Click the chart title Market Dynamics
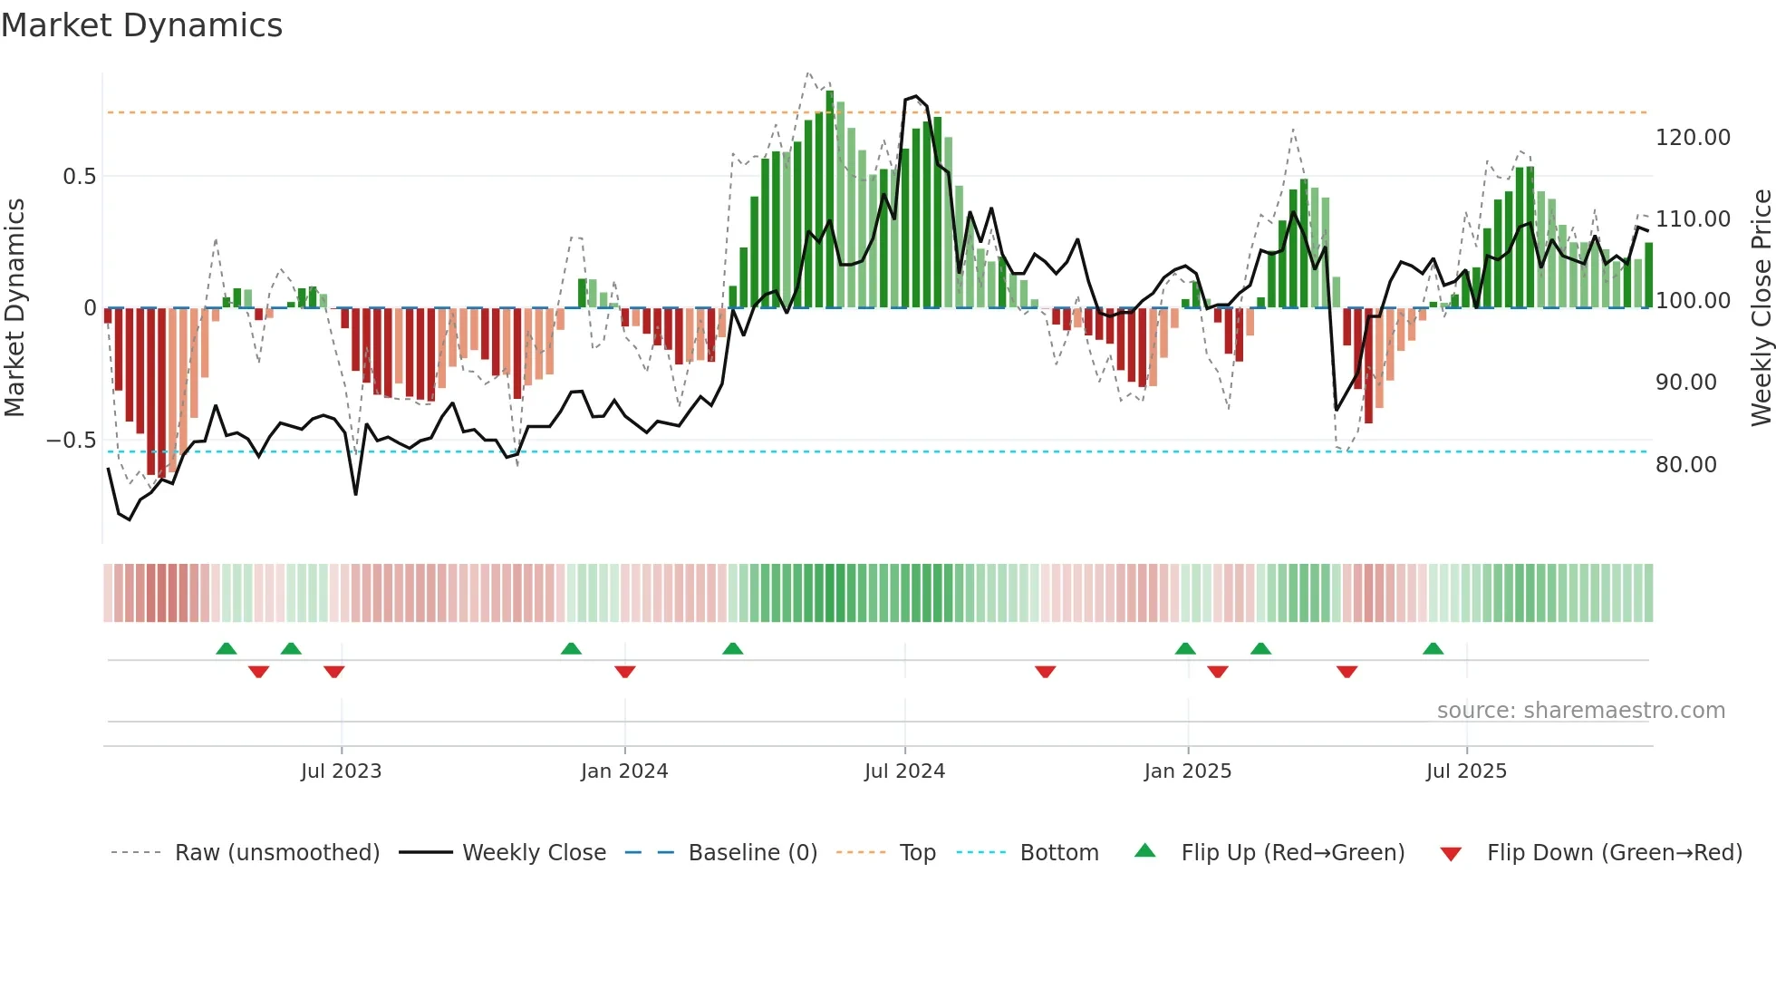tap(141, 25)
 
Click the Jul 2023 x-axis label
tap(341, 771)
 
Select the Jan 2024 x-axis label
tap(624, 771)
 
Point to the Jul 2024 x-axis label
tap(904, 771)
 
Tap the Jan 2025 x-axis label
tap(1187, 771)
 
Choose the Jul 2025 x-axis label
tap(1466, 771)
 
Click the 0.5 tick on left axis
tap(79, 177)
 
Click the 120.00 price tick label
tap(1693, 138)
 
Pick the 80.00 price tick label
tap(1685, 465)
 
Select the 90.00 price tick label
tap(1685, 383)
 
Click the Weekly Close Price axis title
tap(1761, 308)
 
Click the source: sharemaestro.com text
tap(1580, 711)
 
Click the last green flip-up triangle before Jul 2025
tap(1433, 649)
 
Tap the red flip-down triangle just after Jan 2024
tap(624, 672)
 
